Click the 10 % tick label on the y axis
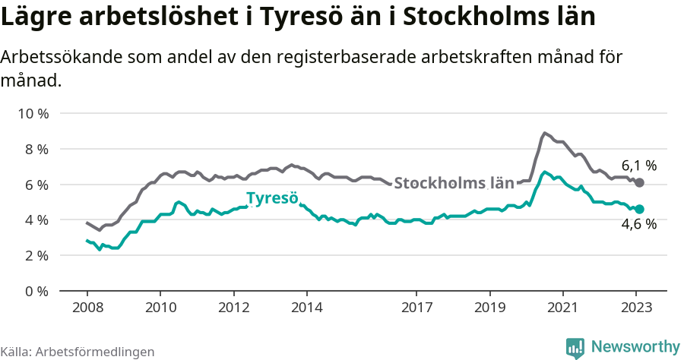click(x=33, y=114)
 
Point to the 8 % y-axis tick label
click(x=36, y=149)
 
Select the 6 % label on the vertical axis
click(x=36, y=185)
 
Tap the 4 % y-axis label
click(x=36, y=219)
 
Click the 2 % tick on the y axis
click(x=36, y=255)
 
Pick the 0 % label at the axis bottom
click(x=36, y=291)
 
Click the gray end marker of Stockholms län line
click(x=640, y=183)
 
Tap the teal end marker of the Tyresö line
click(x=640, y=209)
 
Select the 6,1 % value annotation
click(x=638, y=165)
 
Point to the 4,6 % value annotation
click(x=638, y=224)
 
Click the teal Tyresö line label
click(x=272, y=199)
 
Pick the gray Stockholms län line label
click(x=454, y=183)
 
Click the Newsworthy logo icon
click(x=575, y=347)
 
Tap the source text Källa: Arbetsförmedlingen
click(x=78, y=352)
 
